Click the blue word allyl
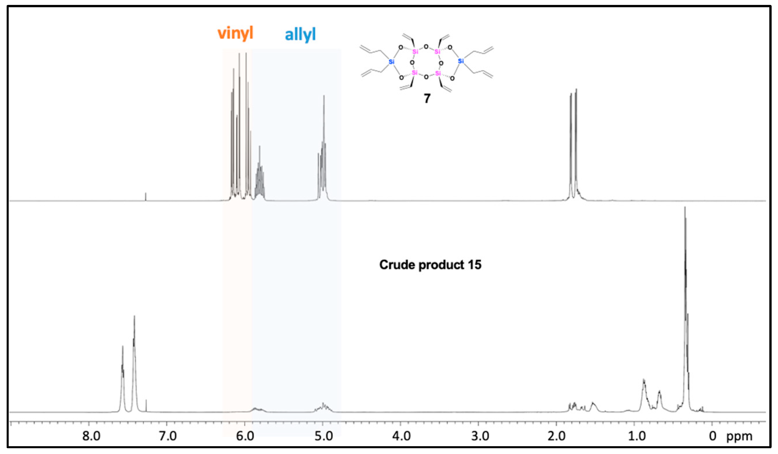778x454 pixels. coord(300,34)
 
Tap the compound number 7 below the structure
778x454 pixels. coord(427,98)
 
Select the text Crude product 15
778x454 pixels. coord(430,265)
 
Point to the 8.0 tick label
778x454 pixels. coord(91,436)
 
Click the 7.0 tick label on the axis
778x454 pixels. coord(168,436)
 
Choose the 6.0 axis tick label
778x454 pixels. coord(245,436)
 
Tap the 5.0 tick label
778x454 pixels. coord(324,436)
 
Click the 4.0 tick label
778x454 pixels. coord(401,436)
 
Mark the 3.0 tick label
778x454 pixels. coord(480,436)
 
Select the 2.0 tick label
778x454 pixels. coord(557,436)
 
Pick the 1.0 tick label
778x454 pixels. coord(636,436)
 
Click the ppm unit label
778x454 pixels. coord(739,436)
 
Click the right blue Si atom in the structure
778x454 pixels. coord(460,61)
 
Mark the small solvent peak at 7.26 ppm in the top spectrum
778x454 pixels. coord(146,196)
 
